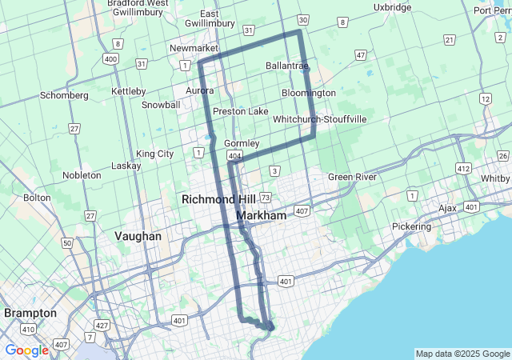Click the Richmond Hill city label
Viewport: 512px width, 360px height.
tap(218, 199)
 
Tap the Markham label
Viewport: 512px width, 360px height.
tap(262, 216)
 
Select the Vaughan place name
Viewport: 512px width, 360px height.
tap(138, 236)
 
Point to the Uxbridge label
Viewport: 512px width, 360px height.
tap(392, 8)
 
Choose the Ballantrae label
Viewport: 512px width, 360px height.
tap(286, 66)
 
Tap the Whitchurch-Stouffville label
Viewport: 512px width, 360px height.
tap(319, 119)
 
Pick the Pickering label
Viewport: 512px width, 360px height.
tap(411, 226)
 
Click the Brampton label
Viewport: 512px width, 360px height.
tap(30, 312)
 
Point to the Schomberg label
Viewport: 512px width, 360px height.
tap(64, 95)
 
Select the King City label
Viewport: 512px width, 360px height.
tap(154, 154)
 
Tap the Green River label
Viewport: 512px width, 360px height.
tap(352, 177)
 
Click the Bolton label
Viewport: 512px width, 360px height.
tap(37, 197)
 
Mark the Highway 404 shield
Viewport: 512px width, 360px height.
tap(234, 154)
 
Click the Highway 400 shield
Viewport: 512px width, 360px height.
tap(110, 59)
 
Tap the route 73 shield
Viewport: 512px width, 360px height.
tap(266, 197)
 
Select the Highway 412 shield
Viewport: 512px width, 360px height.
tap(463, 168)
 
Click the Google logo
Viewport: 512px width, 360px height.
tap(26, 350)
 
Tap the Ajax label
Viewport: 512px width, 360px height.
tap(447, 208)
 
